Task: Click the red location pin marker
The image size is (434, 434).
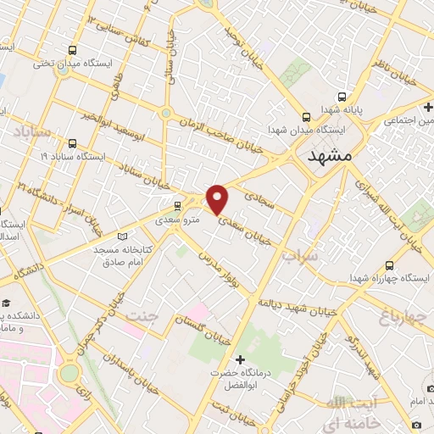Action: [218, 198]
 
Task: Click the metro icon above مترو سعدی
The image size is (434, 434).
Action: [177, 206]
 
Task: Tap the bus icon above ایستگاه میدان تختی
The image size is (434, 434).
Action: [72, 50]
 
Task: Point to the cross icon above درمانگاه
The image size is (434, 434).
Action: [240, 359]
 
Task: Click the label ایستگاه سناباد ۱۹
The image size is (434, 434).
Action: [72, 157]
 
